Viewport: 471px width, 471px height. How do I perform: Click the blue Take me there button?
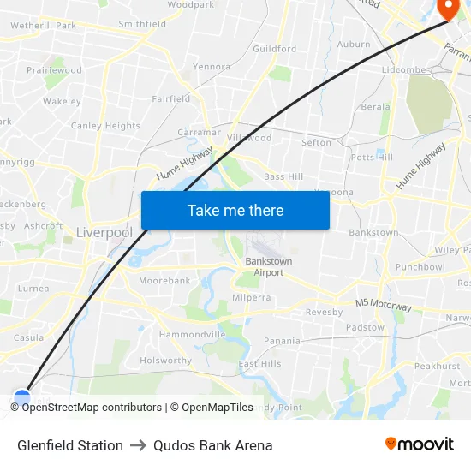point(235,210)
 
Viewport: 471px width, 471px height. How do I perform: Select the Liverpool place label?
point(104,232)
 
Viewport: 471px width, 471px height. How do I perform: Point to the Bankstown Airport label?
point(269,266)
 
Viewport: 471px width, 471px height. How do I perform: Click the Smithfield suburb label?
point(142,24)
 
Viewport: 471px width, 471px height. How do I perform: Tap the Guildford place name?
point(274,49)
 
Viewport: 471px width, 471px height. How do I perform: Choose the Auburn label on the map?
point(354,44)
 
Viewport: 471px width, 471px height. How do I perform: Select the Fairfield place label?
point(171,98)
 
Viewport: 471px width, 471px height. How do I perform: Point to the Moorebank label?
point(164,280)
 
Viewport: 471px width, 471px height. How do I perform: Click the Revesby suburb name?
point(324,313)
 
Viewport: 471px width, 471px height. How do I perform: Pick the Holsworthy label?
point(166,361)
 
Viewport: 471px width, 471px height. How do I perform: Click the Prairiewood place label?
point(54,69)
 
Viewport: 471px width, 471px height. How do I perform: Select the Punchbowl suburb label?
point(420,266)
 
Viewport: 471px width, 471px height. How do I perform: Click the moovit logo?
point(420,444)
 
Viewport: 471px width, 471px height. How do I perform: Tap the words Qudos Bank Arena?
point(212,445)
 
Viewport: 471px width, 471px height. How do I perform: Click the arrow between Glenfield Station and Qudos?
point(138,445)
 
